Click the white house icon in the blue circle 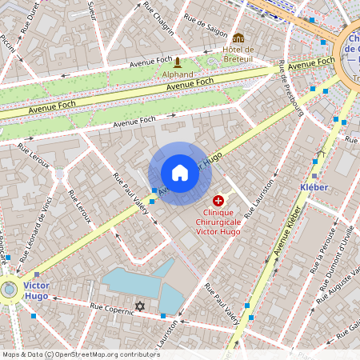180,172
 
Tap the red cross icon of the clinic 218,201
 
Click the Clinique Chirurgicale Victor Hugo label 218,222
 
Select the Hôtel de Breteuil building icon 238,38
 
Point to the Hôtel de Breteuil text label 238,54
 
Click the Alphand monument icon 178,62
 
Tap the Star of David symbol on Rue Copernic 141,306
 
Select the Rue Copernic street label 111,309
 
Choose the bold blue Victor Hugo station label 35,290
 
